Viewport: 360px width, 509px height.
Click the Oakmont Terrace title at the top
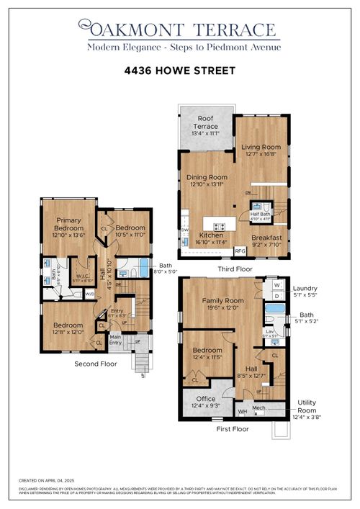pyautogui.click(x=180, y=30)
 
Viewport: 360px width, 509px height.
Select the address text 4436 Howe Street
pyautogui.click(x=179, y=73)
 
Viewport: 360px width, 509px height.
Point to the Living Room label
pyautogui.click(x=260, y=148)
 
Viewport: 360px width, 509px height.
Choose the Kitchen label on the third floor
pyautogui.click(x=211, y=235)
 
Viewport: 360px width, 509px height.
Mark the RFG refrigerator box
pyautogui.click(x=240, y=251)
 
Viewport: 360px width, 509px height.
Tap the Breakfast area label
pyautogui.click(x=266, y=238)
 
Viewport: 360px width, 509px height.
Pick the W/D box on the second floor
pyautogui.click(x=89, y=294)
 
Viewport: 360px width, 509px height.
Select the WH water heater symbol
pyautogui.click(x=242, y=411)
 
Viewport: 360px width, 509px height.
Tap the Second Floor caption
pyautogui.click(x=96, y=364)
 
